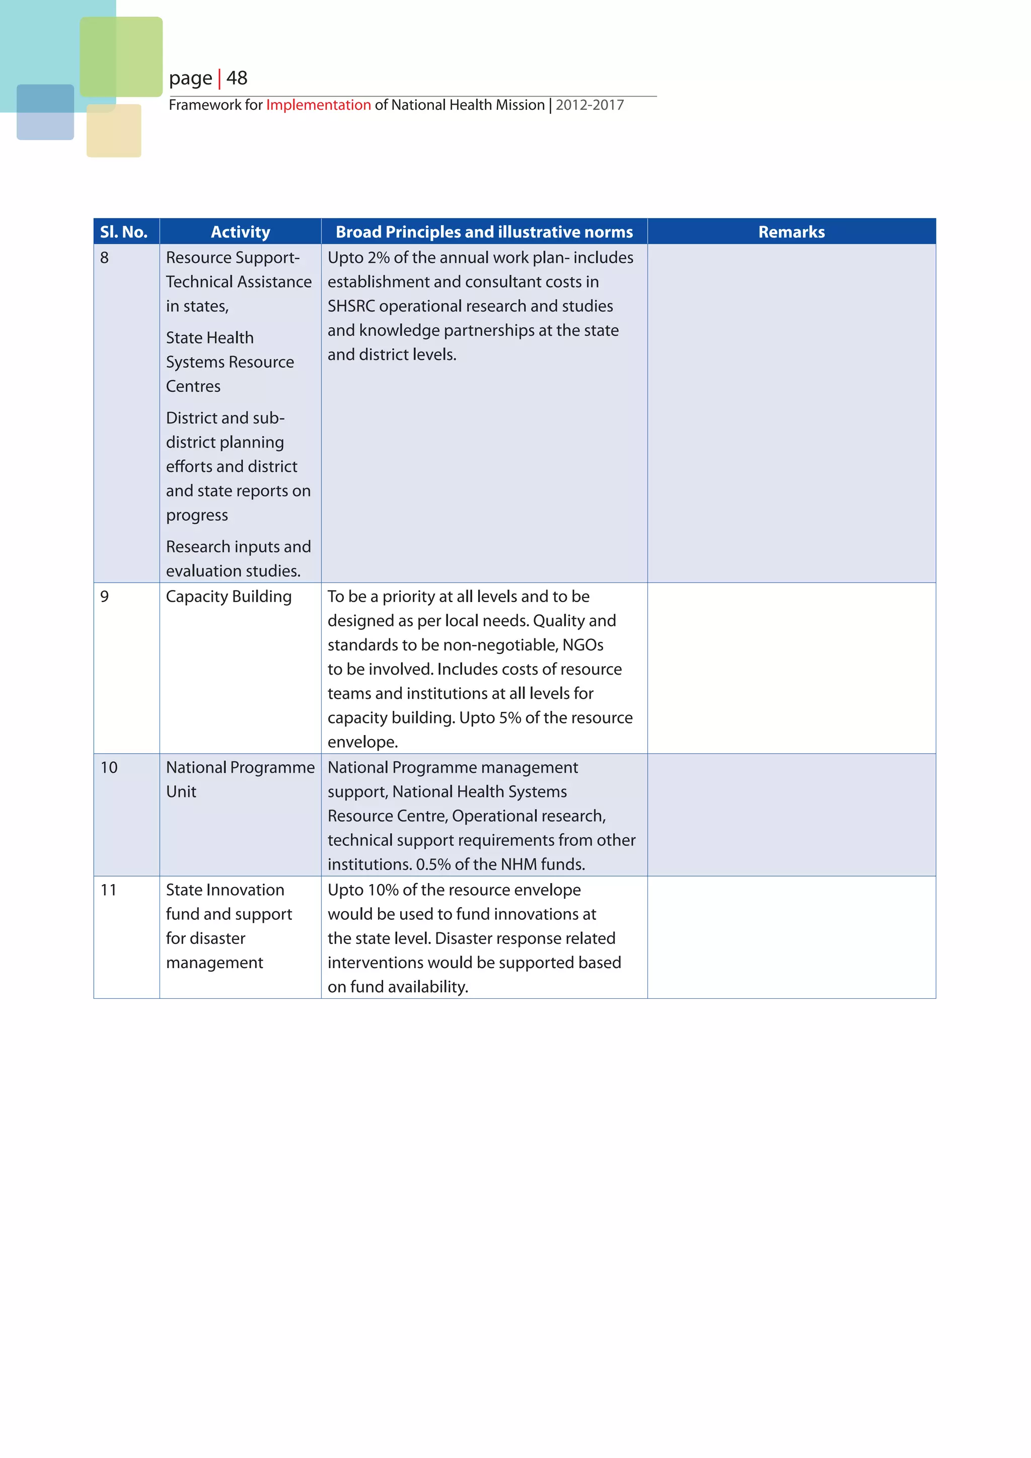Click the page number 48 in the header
pos(237,78)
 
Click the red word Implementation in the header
pos(318,105)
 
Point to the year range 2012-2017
pos(590,105)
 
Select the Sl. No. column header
pos(124,232)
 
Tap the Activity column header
pos(240,232)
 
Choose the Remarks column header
pos(791,232)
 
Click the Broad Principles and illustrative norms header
pos(484,232)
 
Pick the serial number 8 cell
pos(105,258)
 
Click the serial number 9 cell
pos(105,596)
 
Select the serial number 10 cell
pos(109,767)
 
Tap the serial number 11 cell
pos(109,890)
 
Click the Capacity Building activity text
pos(229,596)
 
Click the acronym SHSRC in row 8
pos(351,306)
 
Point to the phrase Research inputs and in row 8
pos(238,547)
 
